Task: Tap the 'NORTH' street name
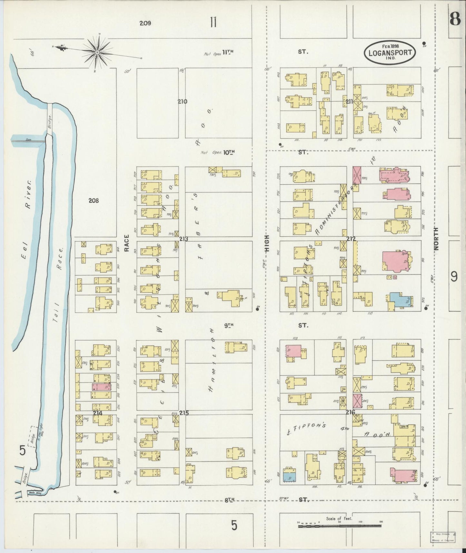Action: click(x=436, y=239)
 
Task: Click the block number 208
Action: click(x=94, y=200)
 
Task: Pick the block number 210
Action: click(x=183, y=101)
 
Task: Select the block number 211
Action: click(x=349, y=102)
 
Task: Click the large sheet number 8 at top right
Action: click(x=455, y=20)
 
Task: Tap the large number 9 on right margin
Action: click(x=454, y=276)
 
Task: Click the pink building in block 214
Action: click(x=101, y=387)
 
